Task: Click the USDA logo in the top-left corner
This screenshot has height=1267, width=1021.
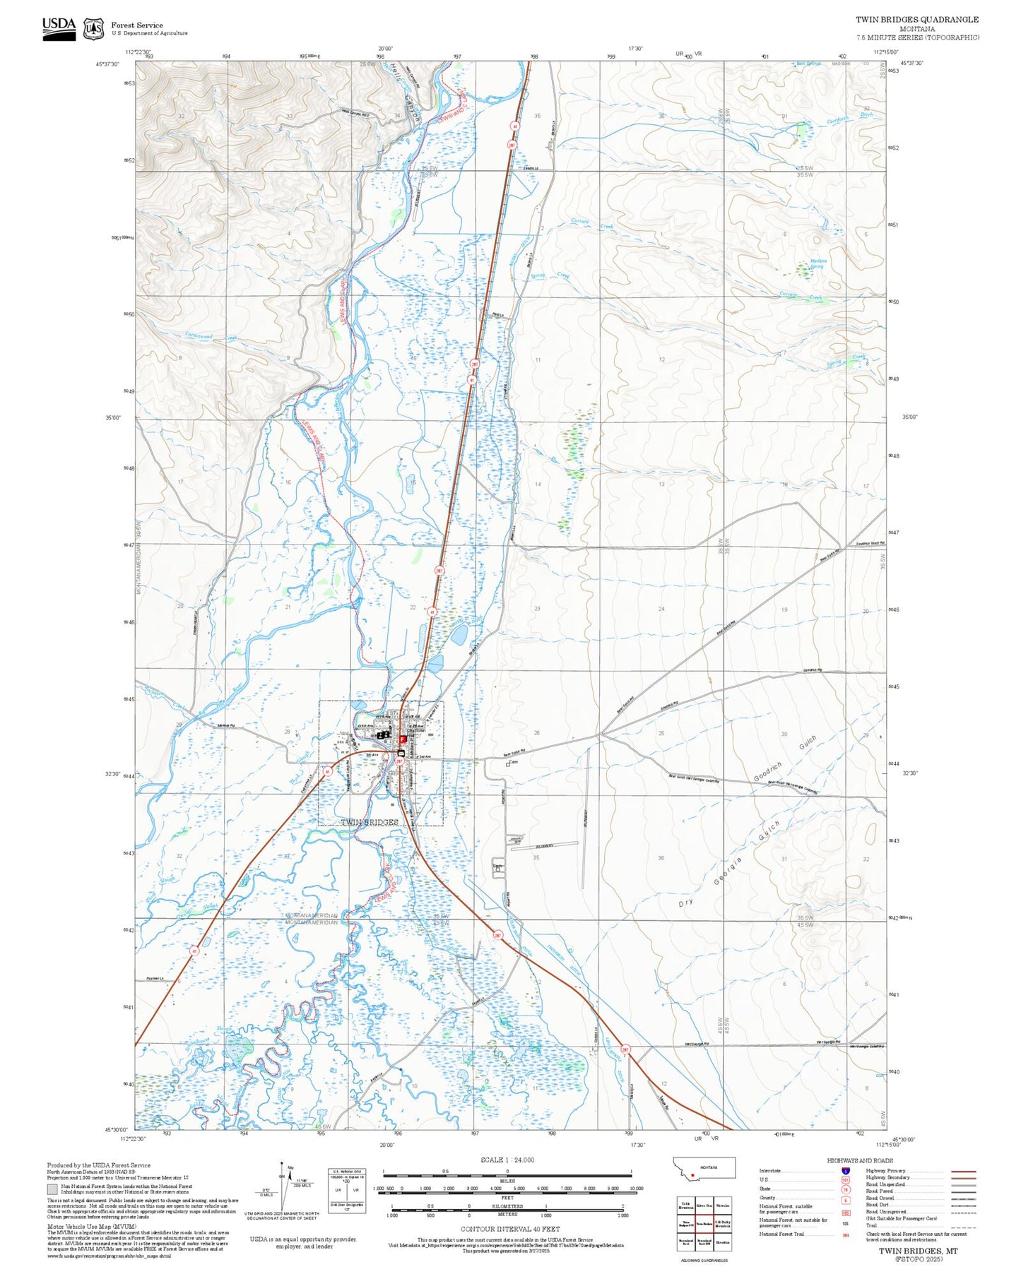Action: click(59, 28)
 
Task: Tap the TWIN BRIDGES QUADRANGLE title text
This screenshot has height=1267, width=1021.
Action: click(916, 20)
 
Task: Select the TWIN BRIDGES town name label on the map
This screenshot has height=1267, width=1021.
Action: click(370, 823)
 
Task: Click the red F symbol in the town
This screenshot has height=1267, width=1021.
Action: click(403, 739)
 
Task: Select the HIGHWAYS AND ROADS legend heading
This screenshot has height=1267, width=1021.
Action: click(859, 1160)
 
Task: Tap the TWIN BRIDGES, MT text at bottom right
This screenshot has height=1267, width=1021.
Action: click(918, 1251)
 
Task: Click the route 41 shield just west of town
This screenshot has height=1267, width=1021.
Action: click(327, 772)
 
